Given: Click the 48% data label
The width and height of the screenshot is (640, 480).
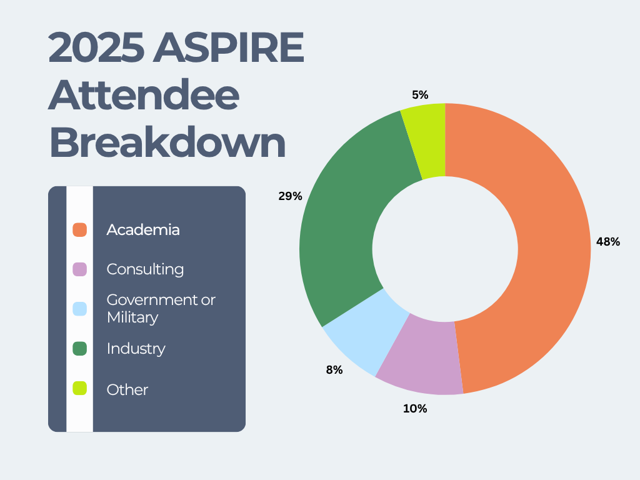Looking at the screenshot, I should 608,242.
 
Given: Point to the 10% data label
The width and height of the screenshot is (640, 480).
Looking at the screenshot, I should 415,409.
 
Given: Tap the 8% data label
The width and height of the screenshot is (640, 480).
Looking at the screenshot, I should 334,370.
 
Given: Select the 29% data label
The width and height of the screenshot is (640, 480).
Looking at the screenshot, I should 290,196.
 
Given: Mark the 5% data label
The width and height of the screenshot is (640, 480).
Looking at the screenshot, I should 420,95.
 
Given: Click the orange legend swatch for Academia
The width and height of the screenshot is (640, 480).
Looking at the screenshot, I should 79,230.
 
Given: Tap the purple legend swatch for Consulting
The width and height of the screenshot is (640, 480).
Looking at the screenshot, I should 79,269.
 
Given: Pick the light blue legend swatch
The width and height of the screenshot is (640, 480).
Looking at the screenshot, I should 79,309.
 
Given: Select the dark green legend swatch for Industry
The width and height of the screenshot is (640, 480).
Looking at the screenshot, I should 79,349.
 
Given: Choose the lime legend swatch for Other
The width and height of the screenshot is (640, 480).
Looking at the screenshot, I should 79,389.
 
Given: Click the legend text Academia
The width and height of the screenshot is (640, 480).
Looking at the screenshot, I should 143,230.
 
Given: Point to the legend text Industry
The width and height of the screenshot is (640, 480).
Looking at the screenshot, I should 136,349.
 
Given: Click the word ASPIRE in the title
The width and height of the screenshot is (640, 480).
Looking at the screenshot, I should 229,49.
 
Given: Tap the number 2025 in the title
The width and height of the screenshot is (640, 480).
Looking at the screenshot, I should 95,49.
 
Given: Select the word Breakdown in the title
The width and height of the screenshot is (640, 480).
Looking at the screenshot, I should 167,143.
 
